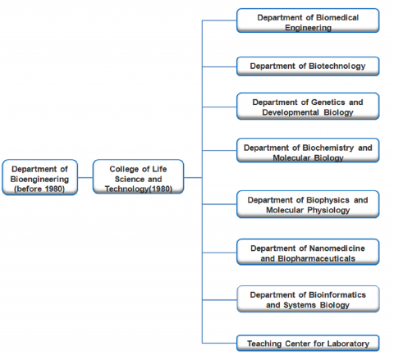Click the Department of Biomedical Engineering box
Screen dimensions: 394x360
click(308, 21)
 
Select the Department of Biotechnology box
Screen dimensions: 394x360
click(308, 66)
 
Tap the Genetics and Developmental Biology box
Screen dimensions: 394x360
click(308, 106)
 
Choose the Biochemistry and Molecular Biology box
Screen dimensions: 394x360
click(308, 150)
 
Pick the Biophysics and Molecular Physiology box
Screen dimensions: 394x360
click(308, 204)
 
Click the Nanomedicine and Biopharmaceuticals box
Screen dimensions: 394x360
click(308, 252)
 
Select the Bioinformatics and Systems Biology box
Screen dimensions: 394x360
click(308, 298)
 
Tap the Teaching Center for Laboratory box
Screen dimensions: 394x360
click(308, 343)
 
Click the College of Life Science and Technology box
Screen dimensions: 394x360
click(138, 177)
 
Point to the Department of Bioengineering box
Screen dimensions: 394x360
click(40, 177)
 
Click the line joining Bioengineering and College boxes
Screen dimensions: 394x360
click(85, 178)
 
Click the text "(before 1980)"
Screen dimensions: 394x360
click(39, 189)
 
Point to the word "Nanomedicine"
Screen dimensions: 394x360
click(337, 248)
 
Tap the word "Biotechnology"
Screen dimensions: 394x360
click(337, 66)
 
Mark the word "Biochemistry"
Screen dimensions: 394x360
click(328, 148)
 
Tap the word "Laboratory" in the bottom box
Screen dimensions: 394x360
click(348, 344)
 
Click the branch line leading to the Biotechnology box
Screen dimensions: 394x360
click(219, 66)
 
